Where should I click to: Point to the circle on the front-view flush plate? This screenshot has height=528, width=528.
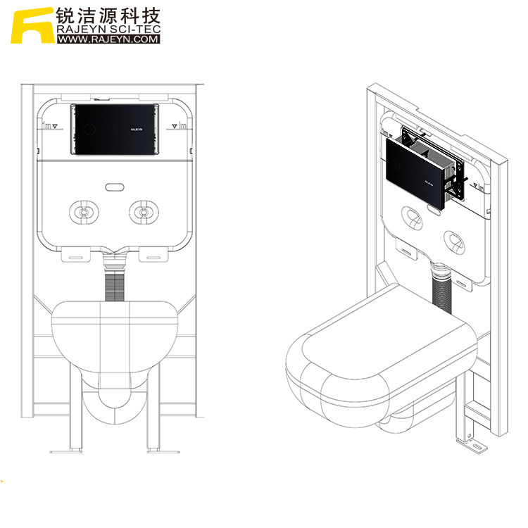[89, 130]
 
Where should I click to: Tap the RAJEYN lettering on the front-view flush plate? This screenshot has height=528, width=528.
[137, 130]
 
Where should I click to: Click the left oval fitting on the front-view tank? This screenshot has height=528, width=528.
[83, 211]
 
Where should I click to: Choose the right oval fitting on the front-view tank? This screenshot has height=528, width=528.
[144, 211]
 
